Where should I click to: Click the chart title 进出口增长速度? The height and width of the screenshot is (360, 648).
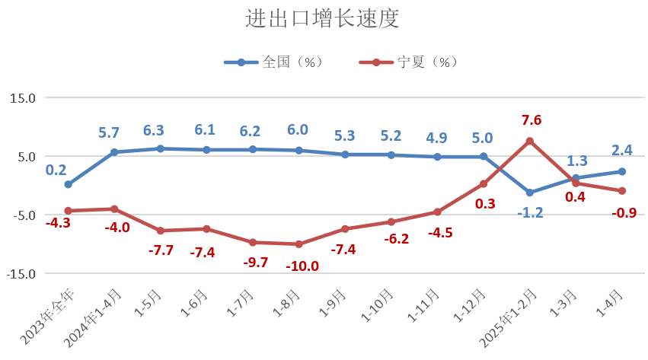coord(322,18)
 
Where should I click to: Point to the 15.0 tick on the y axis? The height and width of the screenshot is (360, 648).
coord(23,98)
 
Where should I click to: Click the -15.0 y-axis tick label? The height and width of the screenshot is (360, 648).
coord(21,274)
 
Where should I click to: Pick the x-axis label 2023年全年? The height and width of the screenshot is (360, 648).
coord(47,317)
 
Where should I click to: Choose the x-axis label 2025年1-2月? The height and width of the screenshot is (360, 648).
coord(508,318)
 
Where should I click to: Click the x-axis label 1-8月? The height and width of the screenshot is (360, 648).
coord(286,303)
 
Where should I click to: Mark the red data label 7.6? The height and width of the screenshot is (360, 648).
coord(531,120)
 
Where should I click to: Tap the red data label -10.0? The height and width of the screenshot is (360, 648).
coord(302,266)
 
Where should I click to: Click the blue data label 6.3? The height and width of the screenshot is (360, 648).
coord(154,131)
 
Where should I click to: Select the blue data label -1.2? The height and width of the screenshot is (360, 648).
coord(530,213)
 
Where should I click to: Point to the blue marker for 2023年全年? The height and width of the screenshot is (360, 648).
coord(69,184)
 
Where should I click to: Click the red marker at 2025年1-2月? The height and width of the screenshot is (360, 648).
coord(529,142)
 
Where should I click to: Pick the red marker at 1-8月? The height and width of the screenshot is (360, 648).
coord(298,244)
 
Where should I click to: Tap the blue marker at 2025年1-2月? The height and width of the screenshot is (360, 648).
coord(529,193)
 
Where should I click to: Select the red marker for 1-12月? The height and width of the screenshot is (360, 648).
coord(483,183)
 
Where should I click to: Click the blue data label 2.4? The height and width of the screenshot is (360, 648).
coord(622,150)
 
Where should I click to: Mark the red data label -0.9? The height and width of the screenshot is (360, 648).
coord(624,213)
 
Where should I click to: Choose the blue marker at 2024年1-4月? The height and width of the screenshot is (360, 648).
coord(114,152)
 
